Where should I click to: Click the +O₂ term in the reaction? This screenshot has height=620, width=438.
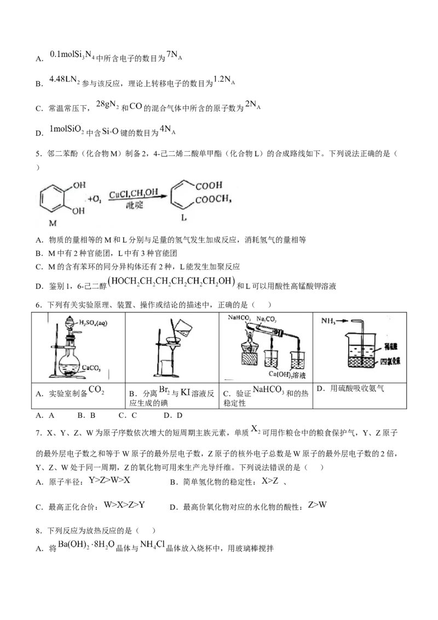point(91,200)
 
